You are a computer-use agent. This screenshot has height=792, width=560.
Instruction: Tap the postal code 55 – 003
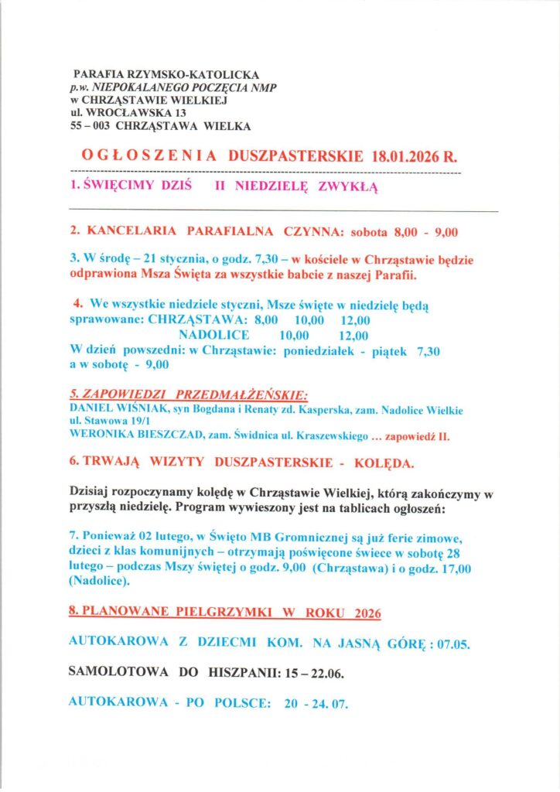tap(89, 125)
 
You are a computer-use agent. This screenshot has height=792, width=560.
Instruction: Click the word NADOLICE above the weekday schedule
tap(213, 335)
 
